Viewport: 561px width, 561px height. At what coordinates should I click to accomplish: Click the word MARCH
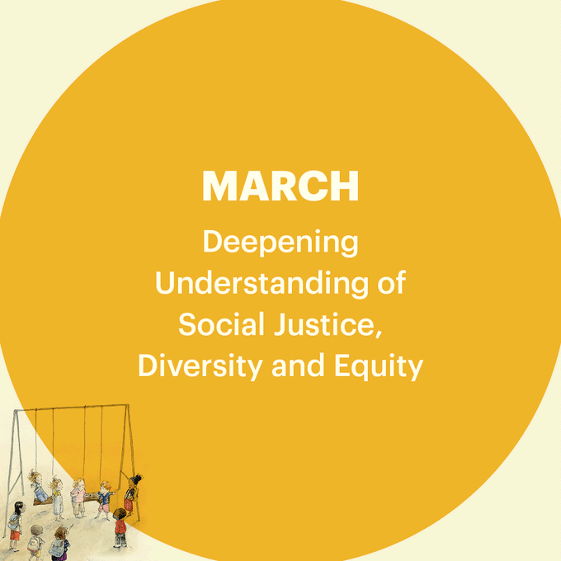tap(280, 186)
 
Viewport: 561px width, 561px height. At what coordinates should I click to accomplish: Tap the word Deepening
tap(280, 243)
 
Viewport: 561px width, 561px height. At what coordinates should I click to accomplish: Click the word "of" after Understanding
tap(392, 283)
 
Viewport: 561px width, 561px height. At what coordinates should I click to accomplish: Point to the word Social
tap(221, 323)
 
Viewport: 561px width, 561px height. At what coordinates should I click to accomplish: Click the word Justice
tap(324, 323)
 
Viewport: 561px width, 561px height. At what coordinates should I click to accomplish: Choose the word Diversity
tap(200, 365)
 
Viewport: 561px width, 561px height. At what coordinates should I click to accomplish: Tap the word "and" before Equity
tap(298, 365)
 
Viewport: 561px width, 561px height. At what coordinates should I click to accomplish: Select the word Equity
tap(379, 365)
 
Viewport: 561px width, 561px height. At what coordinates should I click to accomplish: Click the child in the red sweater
tap(120, 528)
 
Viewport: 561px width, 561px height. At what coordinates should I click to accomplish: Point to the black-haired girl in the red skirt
tap(16, 525)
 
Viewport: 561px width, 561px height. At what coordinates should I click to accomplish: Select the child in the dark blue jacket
tap(104, 499)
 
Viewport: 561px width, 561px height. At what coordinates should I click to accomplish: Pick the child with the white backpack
tap(35, 542)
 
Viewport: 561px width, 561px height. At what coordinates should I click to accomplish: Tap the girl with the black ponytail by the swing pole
tap(133, 493)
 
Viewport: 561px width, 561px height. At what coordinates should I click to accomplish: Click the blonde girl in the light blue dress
tap(57, 498)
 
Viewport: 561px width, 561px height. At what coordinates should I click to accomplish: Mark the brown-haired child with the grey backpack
tap(59, 544)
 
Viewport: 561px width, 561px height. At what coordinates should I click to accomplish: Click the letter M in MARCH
tap(219, 186)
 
